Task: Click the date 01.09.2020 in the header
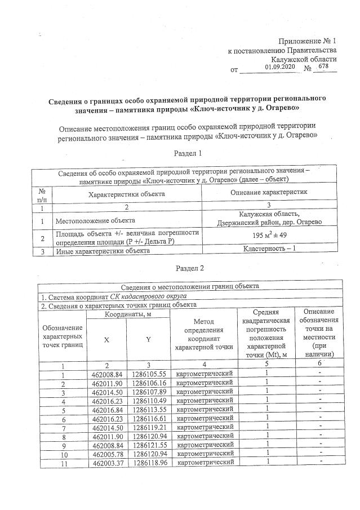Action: (279, 67)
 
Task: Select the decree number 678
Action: (323, 66)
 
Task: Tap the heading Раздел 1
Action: (186, 153)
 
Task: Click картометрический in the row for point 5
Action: (205, 408)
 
